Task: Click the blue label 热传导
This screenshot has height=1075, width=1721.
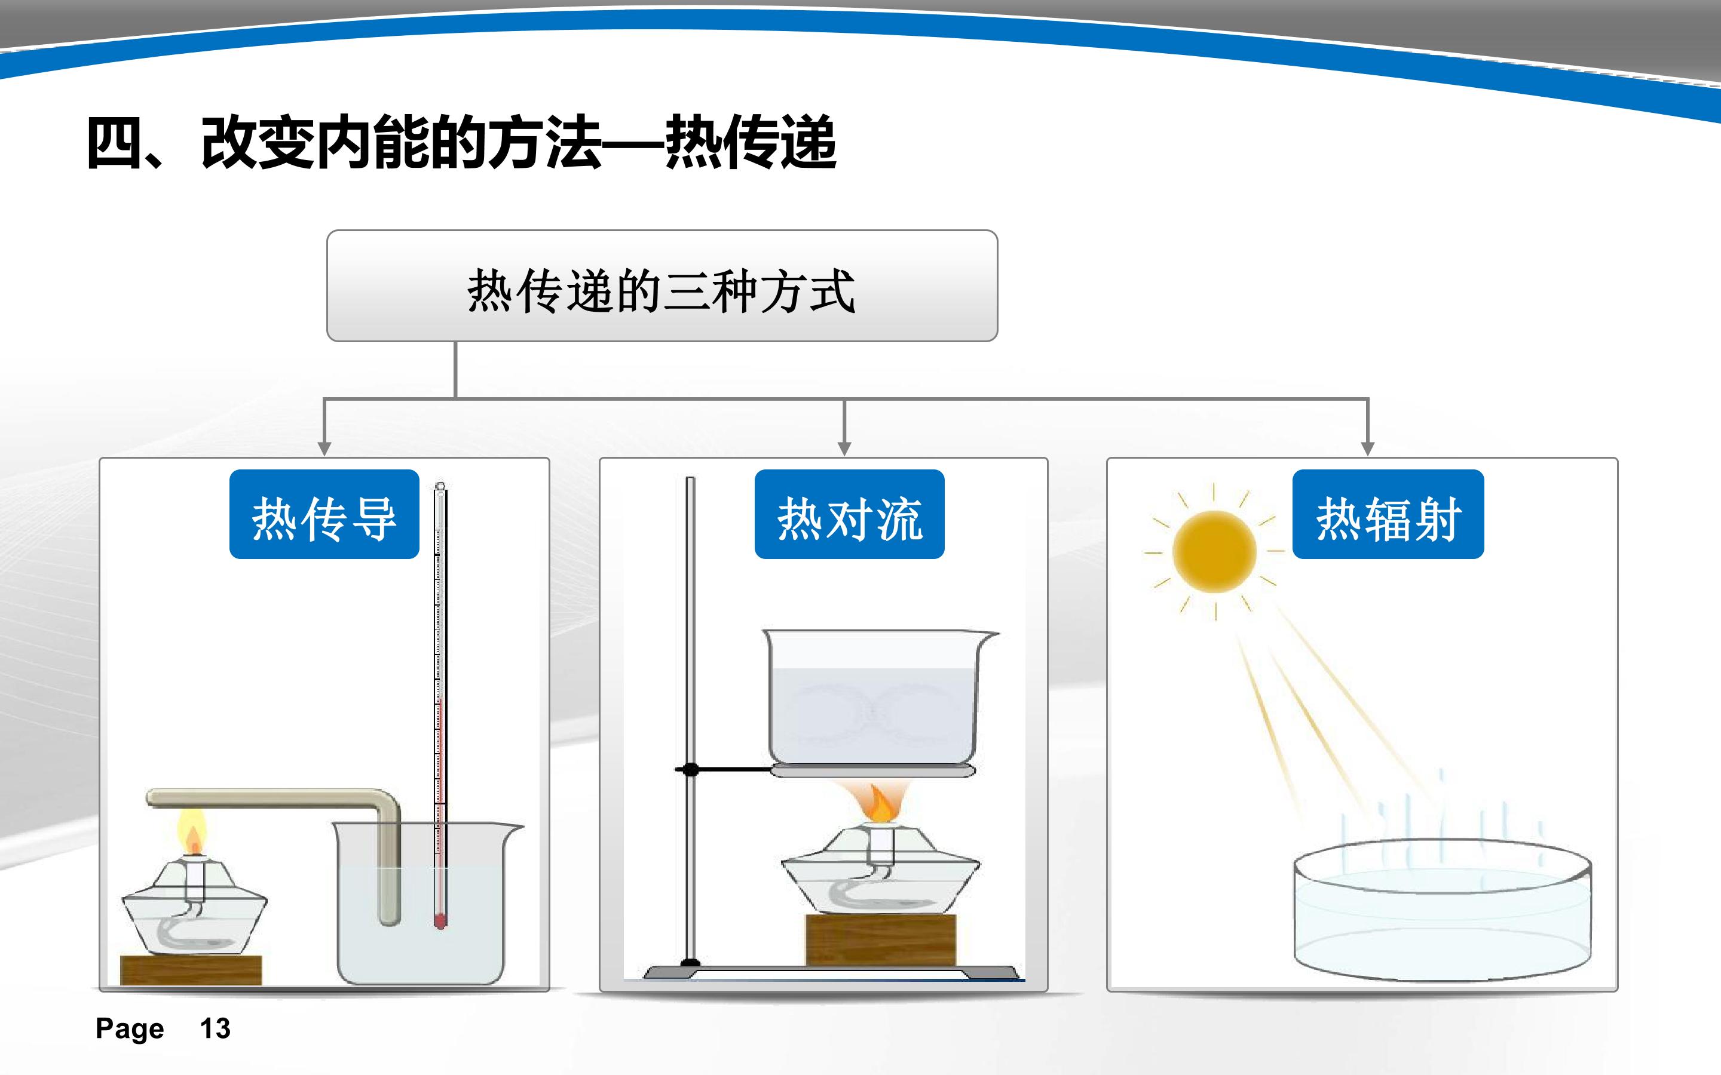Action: coord(324,514)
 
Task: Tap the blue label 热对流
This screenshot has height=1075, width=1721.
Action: coord(849,514)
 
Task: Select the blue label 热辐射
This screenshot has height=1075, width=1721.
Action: coord(1388,514)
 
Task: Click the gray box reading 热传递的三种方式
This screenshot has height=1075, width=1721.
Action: coord(662,286)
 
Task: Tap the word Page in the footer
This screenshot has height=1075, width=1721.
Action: coord(130,1029)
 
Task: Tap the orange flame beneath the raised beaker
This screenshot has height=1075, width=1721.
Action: coord(878,803)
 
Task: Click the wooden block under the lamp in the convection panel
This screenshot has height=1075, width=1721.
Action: coord(880,941)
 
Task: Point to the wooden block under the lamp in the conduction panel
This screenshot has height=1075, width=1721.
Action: coord(191,970)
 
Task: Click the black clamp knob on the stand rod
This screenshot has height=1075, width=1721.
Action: coord(689,769)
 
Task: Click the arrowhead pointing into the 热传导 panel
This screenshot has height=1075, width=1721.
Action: coord(324,449)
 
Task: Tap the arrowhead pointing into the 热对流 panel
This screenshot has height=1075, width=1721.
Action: coord(844,449)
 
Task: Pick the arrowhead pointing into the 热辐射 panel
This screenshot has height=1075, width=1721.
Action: coord(1367,449)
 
